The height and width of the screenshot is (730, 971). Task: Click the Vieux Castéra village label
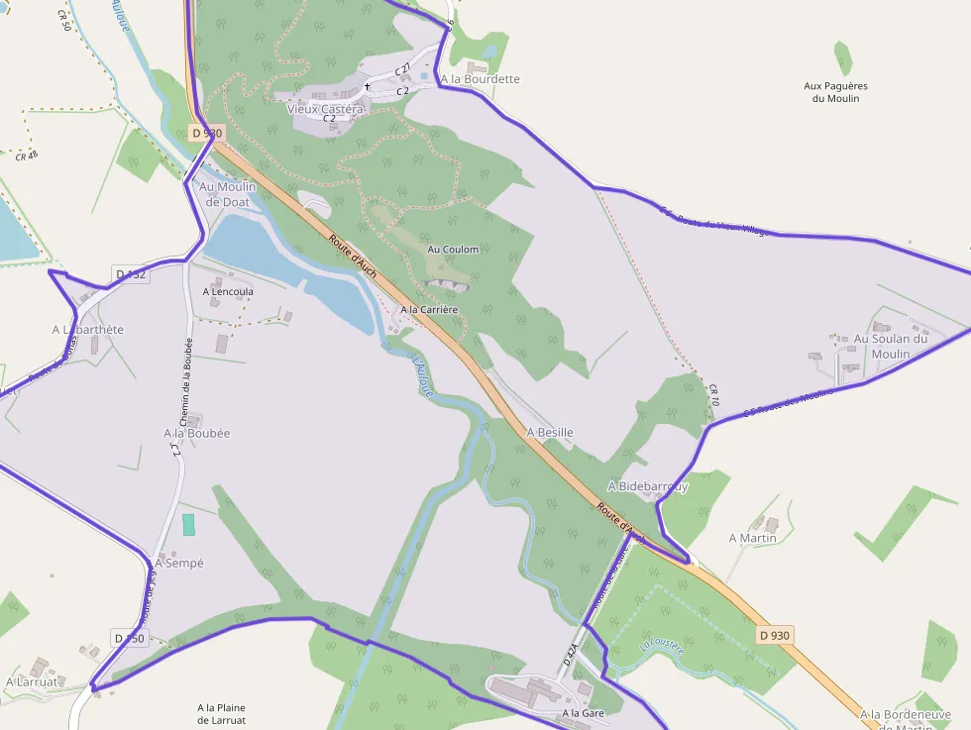pos(325,109)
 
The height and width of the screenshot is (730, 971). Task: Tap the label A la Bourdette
pos(480,79)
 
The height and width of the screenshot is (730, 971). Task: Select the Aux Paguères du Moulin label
pos(835,92)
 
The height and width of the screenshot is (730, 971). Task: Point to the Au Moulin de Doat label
pos(228,194)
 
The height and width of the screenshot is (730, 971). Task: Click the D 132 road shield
pos(131,274)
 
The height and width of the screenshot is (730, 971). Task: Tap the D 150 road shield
pos(129,639)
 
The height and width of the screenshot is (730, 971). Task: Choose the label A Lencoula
pos(228,292)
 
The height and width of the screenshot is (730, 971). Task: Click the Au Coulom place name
pos(453,250)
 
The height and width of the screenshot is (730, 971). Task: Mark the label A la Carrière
pos(429,310)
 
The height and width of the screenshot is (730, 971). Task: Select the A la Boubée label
pos(197,433)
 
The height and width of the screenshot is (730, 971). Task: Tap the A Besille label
pos(550,433)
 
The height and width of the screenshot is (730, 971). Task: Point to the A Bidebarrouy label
pos(647,486)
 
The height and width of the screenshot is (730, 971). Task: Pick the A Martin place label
pos(752,538)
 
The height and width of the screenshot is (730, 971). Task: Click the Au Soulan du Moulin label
pos(891,347)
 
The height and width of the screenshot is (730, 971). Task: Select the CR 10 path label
pos(713,396)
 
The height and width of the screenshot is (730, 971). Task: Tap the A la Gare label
pos(583,713)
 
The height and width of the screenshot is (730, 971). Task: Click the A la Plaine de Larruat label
pos(221,713)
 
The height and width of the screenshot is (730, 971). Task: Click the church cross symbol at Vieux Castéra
pos(367,86)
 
